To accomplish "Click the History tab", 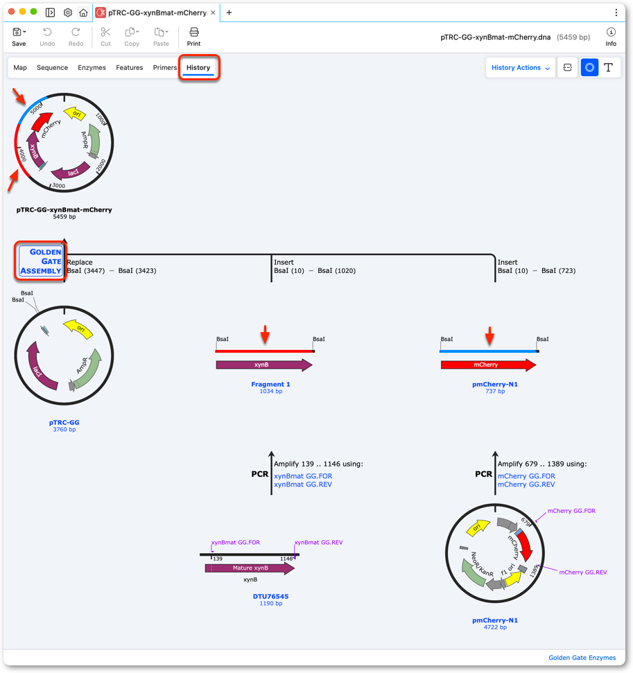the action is coord(198,67).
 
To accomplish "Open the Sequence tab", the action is coord(52,67).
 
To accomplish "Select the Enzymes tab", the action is coord(92,67).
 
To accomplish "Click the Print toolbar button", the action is coord(193,37).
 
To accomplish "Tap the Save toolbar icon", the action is coord(19,37).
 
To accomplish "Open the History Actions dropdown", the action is coord(521,67).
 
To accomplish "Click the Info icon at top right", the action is coord(611,37).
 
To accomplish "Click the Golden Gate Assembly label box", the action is coord(41,261).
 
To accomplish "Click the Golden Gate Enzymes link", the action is coord(582,658).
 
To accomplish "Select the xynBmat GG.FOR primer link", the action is coord(303,476).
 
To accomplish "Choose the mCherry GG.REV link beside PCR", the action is coord(526,484).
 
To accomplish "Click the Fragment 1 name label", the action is coord(270,384).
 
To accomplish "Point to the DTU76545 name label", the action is coord(270,596).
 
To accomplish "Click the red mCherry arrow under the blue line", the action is coord(488,365).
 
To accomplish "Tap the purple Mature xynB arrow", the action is coord(250,568).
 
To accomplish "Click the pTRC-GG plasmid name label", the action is coord(64,422).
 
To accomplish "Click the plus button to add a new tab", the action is coord(229,12).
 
